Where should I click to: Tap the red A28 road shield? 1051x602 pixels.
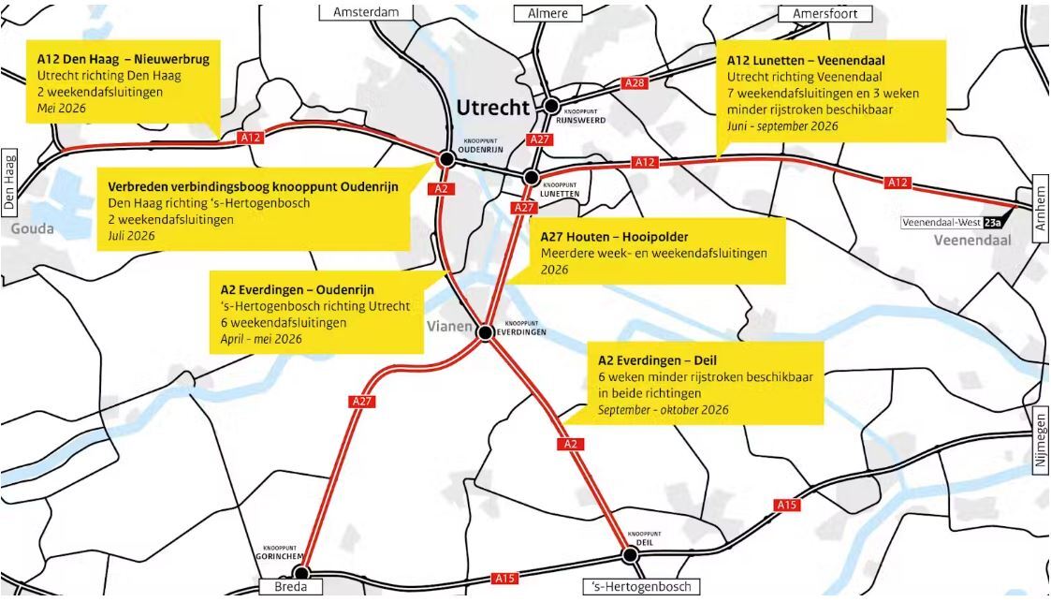point(635,83)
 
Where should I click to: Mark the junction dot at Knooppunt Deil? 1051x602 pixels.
point(630,554)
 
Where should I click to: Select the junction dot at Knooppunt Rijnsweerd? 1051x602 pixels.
point(552,106)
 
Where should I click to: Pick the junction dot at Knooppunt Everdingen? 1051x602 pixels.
point(485,332)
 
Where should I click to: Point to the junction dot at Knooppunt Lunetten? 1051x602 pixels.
point(531,177)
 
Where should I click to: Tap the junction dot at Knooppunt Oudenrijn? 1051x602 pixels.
point(446,159)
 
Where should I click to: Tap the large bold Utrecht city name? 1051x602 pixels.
point(492,107)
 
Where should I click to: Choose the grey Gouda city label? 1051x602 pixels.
point(32,228)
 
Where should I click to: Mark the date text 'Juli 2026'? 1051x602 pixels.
point(131,235)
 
